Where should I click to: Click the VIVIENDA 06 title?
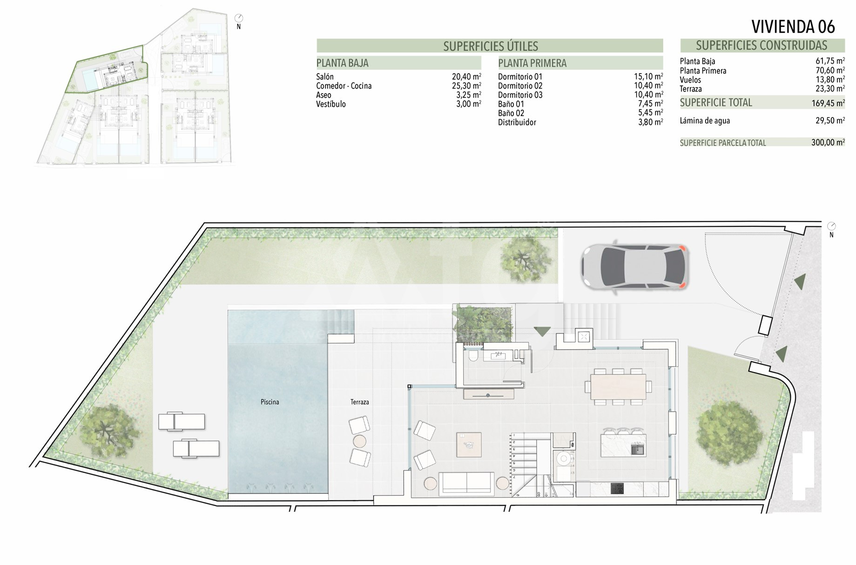click(793, 27)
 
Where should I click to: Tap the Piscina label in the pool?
click(270, 402)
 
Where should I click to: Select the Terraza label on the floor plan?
click(360, 402)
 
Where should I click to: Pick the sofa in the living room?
click(467, 483)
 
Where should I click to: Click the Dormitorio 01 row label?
click(520, 77)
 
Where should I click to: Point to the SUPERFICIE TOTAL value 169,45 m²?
click(828, 103)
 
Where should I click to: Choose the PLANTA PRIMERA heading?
click(532, 63)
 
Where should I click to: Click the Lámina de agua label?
click(705, 121)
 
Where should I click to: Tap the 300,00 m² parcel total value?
click(828, 143)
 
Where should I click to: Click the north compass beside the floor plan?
click(831, 227)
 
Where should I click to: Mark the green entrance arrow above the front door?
click(542, 332)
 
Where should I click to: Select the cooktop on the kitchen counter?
click(617, 488)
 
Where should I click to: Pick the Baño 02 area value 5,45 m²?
click(650, 113)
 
